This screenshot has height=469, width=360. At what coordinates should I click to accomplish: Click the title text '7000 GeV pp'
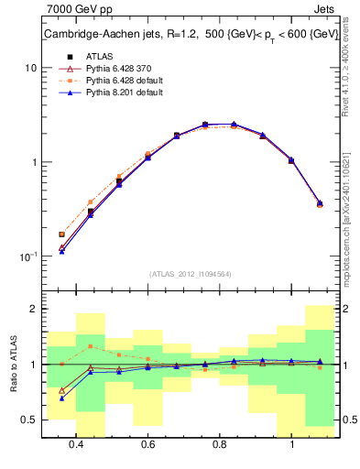click(x=76, y=10)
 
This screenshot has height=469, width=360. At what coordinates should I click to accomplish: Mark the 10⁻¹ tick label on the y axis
click(x=28, y=256)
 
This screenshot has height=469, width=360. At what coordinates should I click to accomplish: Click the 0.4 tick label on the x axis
click(x=76, y=444)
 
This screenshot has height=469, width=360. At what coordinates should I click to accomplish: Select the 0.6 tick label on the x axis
click(x=147, y=444)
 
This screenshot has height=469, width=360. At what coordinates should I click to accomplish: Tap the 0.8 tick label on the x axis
click(x=220, y=444)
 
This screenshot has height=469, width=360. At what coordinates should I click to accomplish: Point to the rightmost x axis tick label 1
click(x=291, y=444)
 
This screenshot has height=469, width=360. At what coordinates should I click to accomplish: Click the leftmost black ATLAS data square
click(x=62, y=234)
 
